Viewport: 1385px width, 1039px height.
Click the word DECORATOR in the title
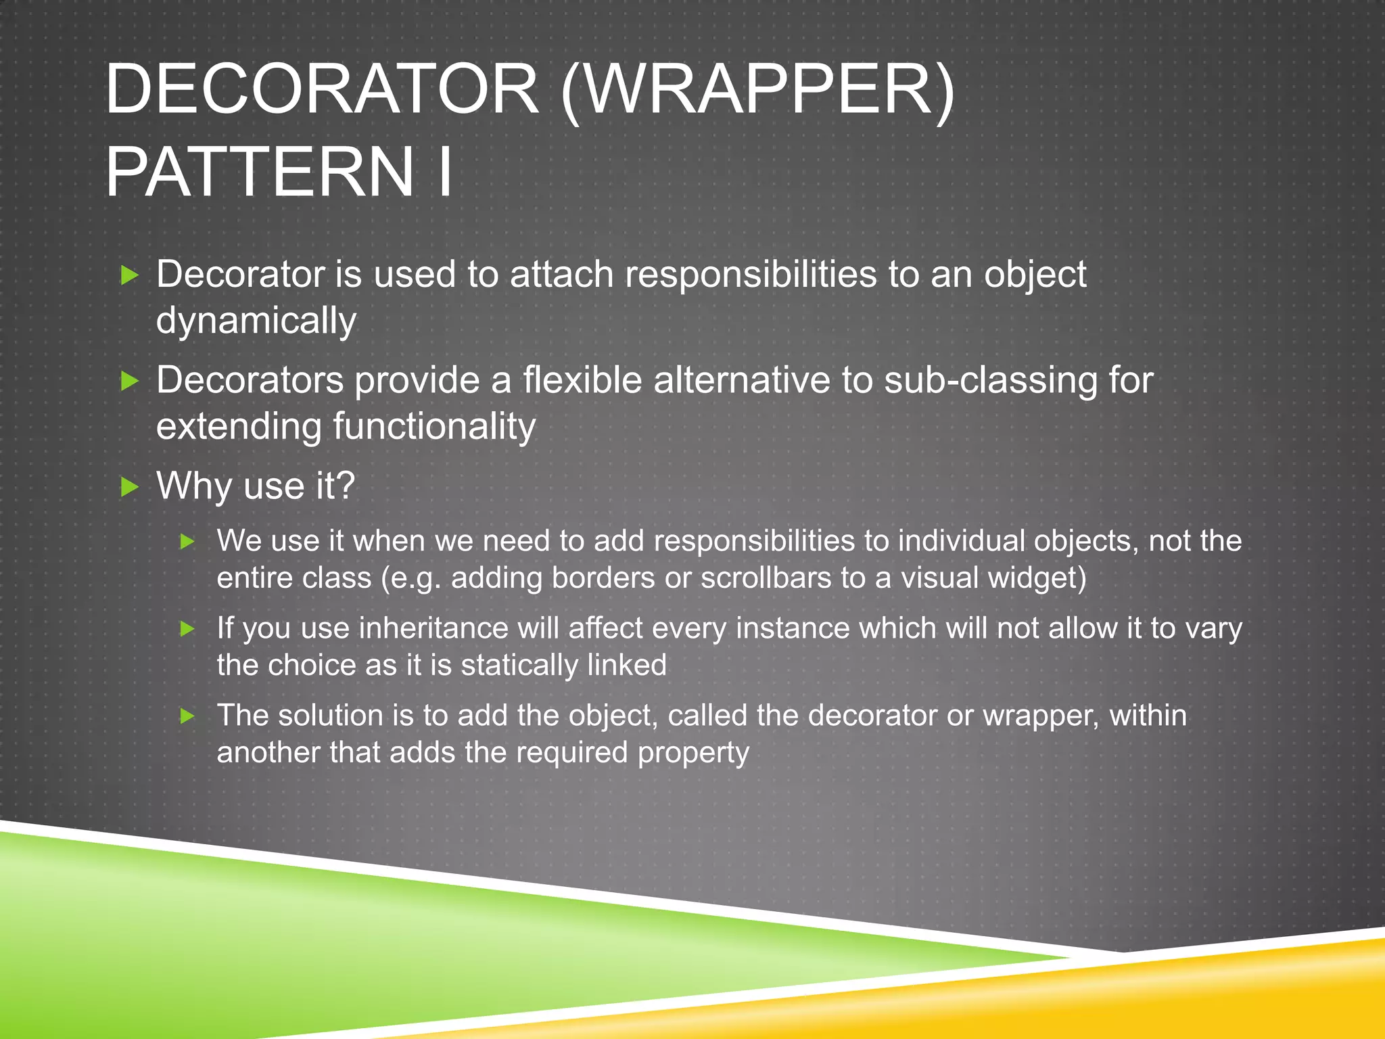click(322, 89)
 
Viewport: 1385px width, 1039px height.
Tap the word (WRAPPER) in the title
click(757, 91)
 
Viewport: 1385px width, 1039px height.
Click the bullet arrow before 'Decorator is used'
click(129, 275)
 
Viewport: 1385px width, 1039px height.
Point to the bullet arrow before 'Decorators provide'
click(129, 382)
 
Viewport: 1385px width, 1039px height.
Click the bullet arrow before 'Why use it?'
click(129, 487)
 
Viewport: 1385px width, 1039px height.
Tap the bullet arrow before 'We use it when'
click(188, 542)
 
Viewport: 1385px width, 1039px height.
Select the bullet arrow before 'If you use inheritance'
click(188, 629)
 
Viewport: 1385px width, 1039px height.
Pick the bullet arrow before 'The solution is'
click(188, 716)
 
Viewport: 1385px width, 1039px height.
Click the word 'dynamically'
click(256, 321)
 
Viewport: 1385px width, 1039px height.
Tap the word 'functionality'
click(434, 427)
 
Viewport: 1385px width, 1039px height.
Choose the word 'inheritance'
click(433, 628)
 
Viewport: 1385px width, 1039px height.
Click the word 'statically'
click(519, 666)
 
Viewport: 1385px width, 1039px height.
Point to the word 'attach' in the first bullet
click(561, 275)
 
